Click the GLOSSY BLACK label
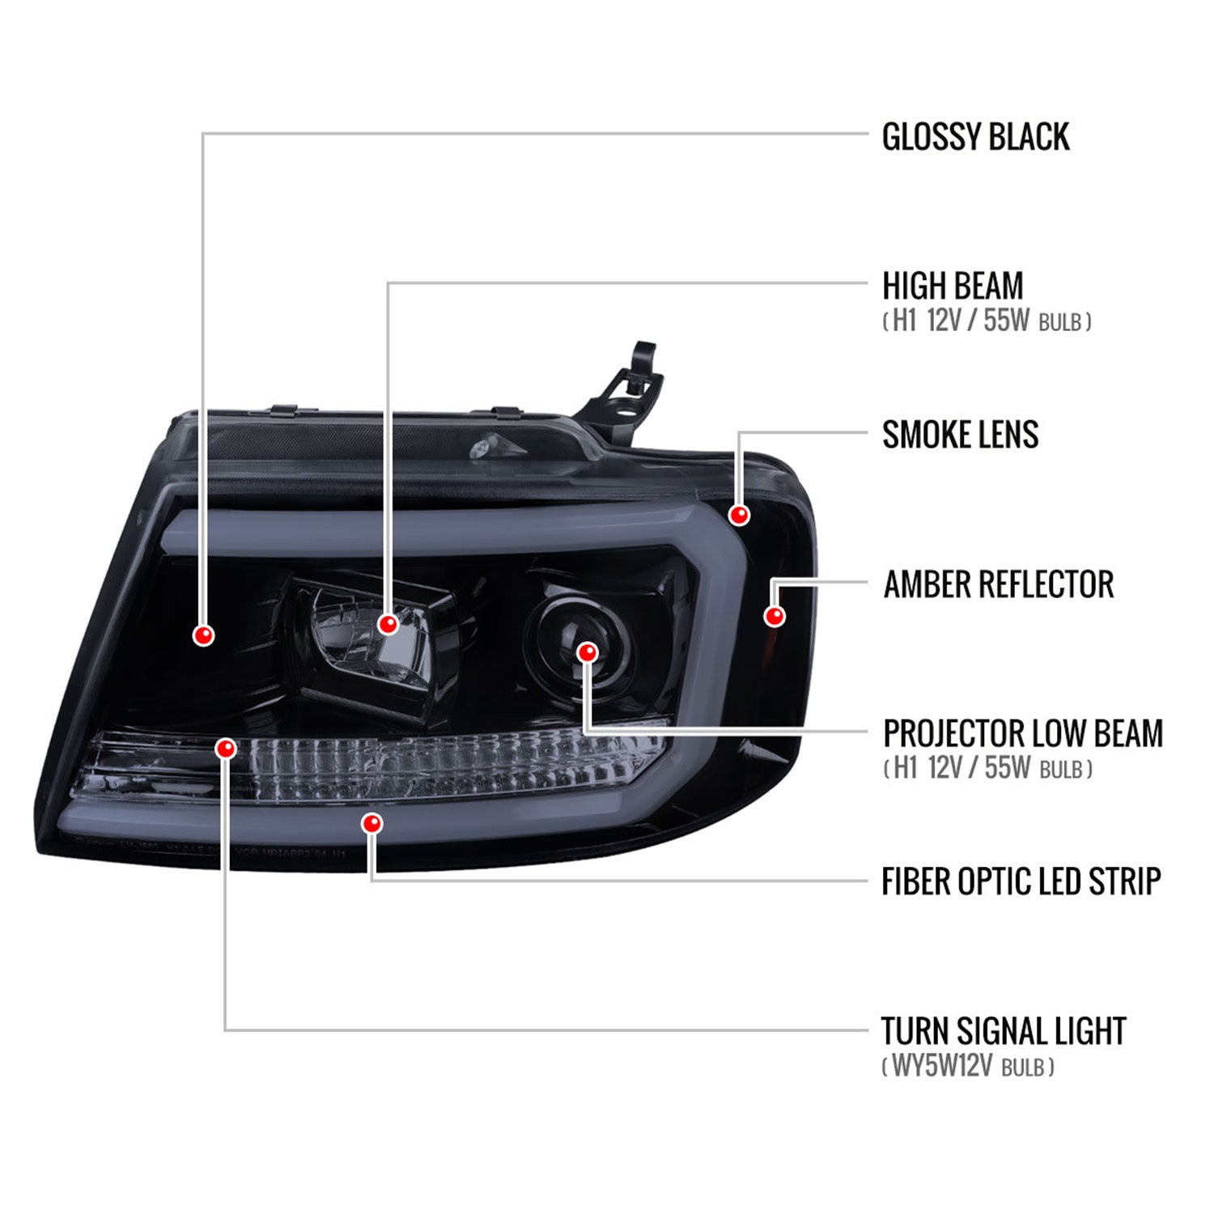975,137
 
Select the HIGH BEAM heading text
953,287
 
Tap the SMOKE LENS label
960,435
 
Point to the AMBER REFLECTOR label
998,584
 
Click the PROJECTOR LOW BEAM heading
1023,733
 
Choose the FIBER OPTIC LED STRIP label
1021,881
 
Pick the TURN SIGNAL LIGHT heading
1004,1031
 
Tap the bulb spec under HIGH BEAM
987,321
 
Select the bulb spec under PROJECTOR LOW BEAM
987,768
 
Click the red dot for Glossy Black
204,635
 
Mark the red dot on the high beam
388,624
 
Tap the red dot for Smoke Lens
739,514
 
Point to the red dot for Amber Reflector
775,616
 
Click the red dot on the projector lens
588,652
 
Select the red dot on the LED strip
372,824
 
